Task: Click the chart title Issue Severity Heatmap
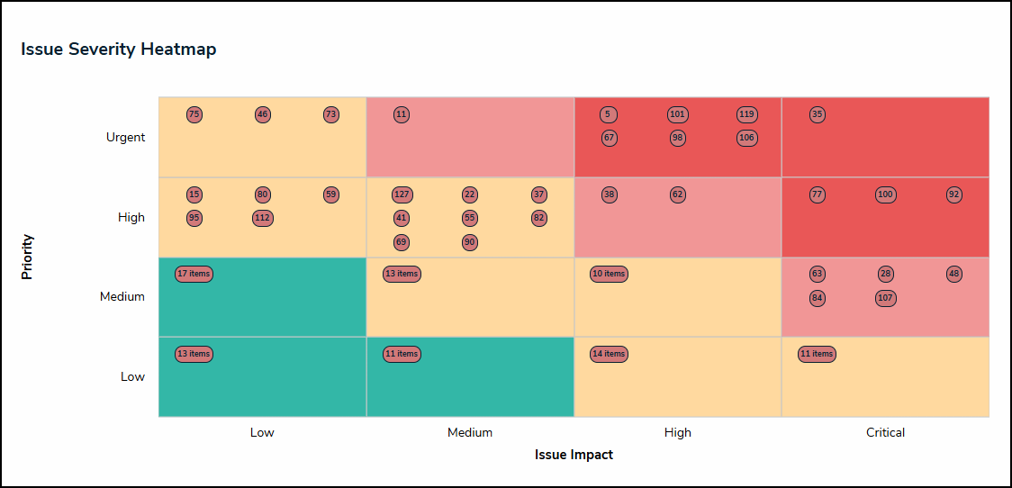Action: coord(118,50)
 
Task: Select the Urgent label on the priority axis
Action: coord(125,137)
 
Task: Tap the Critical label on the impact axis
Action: coord(885,432)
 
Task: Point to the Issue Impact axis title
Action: coord(574,455)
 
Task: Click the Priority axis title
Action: coord(28,257)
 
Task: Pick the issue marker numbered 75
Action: coord(194,114)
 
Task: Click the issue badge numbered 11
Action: coord(402,114)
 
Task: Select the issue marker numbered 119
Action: coord(746,114)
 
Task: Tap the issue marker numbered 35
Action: coord(817,114)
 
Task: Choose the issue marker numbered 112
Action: coord(262,218)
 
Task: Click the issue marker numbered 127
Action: coord(402,194)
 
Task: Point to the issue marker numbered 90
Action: coord(470,241)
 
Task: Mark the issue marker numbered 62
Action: coord(678,194)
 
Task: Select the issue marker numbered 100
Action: coord(885,194)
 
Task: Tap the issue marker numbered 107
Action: coord(885,298)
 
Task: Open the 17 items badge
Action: coord(194,274)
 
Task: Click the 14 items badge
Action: coord(609,354)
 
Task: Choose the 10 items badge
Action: coord(609,274)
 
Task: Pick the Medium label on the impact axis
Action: coord(470,432)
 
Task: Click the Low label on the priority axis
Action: coord(132,376)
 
